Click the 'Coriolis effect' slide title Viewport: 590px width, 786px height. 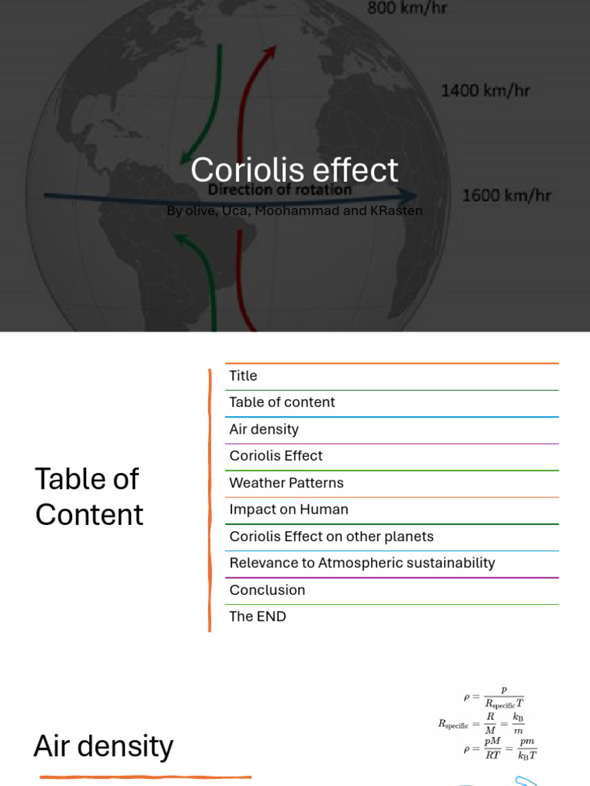(294, 170)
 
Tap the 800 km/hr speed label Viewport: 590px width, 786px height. (407, 9)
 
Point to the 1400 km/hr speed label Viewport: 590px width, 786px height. (485, 91)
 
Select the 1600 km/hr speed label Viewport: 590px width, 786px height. (506, 195)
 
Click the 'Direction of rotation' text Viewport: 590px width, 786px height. (280, 190)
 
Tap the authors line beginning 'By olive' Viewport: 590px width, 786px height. (294, 210)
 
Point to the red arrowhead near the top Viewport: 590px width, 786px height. (270, 51)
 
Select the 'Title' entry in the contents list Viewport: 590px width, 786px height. (243, 376)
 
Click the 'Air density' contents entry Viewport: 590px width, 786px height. (264, 430)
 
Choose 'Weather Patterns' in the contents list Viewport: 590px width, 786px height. (286, 483)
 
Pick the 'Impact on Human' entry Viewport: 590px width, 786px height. (288, 510)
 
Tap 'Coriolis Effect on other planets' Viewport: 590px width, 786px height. (331, 537)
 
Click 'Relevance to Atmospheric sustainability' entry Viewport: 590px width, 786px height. (362, 563)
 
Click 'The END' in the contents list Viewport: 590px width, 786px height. (257, 616)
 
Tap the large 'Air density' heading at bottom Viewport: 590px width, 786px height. (103, 746)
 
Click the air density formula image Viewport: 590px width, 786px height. (492, 722)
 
